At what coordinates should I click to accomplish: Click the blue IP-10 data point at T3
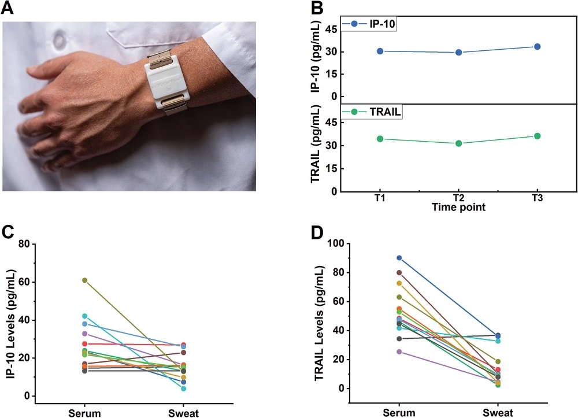click(x=537, y=46)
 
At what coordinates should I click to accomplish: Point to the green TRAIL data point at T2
click(x=458, y=143)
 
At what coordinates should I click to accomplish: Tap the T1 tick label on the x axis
click(x=380, y=198)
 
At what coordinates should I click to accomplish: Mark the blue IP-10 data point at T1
click(x=380, y=51)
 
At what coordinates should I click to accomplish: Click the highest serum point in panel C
click(x=84, y=280)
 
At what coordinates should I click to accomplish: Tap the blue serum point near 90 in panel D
click(x=399, y=258)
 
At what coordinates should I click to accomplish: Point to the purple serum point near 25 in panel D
click(x=399, y=352)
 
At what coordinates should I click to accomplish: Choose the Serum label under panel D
click(x=399, y=411)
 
